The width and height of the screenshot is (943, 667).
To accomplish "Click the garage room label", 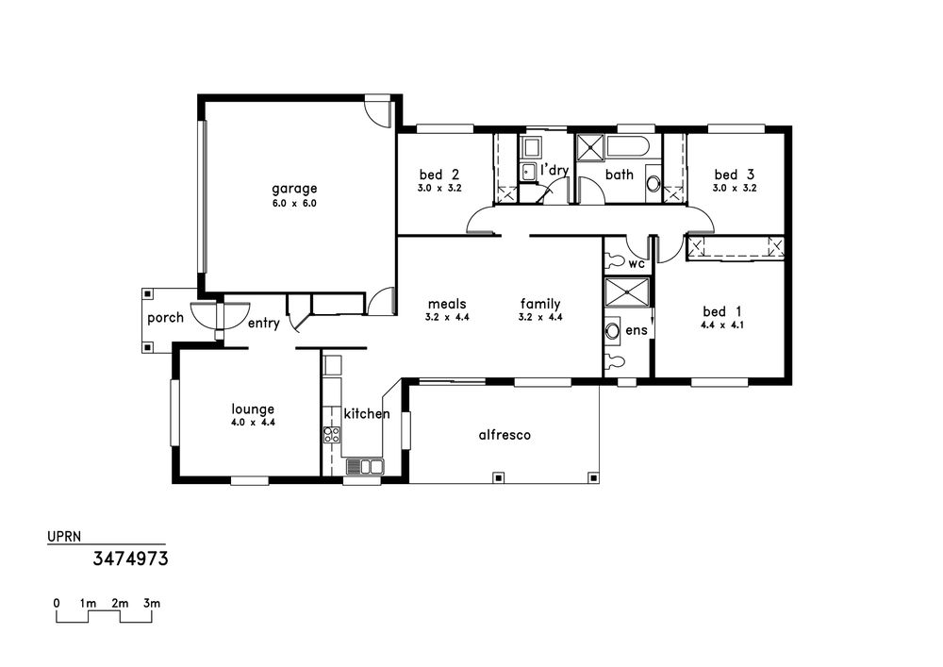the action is pyautogui.click(x=294, y=190).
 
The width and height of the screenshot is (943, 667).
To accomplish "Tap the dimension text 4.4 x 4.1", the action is pyautogui.click(x=722, y=325).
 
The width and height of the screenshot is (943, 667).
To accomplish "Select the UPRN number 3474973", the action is pyautogui.click(x=130, y=559).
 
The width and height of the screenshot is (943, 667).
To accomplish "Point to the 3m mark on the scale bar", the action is pyautogui.click(x=152, y=603).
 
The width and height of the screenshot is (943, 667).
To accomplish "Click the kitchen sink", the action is pyautogui.click(x=364, y=467).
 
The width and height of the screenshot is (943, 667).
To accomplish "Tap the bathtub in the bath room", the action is pyautogui.click(x=627, y=148).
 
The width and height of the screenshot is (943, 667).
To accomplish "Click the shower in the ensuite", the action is pyautogui.click(x=627, y=292).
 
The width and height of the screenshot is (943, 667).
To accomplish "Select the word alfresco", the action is pyautogui.click(x=505, y=434).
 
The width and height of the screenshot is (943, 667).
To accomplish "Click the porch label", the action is pyautogui.click(x=165, y=318).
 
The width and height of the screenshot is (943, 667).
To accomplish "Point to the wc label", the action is pyautogui.click(x=637, y=264).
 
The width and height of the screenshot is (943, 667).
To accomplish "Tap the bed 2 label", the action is pyautogui.click(x=439, y=175).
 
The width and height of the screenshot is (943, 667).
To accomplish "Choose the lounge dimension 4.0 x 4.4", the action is pyautogui.click(x=253, y=423).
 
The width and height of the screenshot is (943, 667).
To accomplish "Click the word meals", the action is pyautogui.click(x=447, y=305).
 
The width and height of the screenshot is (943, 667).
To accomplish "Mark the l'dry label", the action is pyautogui.click(x=554, y=170).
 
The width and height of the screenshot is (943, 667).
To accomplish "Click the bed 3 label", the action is pyautogui.click(x=735, y=175).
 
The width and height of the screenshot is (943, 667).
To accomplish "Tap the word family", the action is pyautogui.click(x=540, y=305).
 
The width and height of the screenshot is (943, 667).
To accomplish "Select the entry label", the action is pyautogui.click(x=264, y=324).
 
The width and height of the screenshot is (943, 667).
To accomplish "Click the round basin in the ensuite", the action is pyautogui.click(x=612, y=330).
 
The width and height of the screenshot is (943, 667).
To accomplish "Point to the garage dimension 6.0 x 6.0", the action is pyautogui.click(x=294, y=203).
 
